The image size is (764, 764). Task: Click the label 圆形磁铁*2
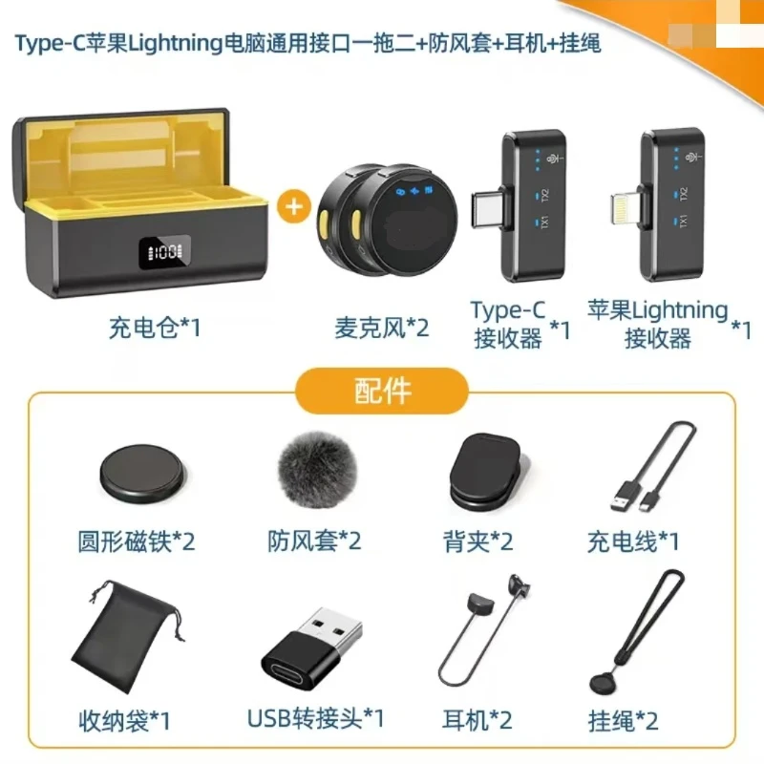(x=136, y=541)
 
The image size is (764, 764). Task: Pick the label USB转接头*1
(x=314, y=717)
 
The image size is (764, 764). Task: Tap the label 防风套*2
(x=314, y=541)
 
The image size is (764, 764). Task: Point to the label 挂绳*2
(x=624, y=719)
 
